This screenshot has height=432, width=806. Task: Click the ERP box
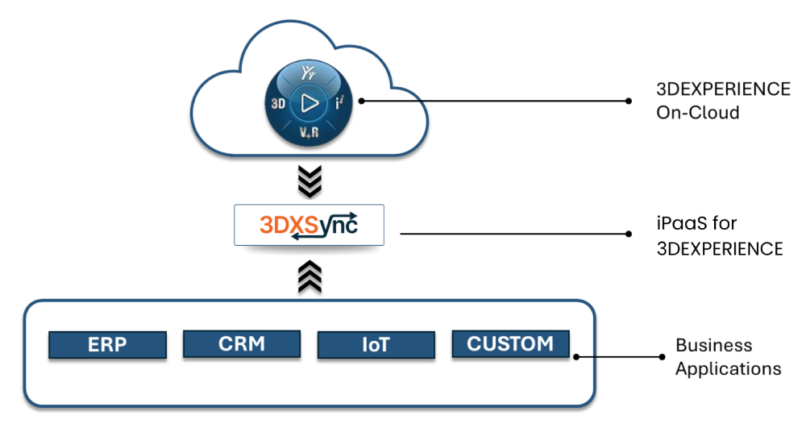107,344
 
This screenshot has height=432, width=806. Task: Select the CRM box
242,343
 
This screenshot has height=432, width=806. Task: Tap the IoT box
376,345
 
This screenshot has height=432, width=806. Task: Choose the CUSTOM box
510,343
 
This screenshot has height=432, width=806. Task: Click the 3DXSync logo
310,226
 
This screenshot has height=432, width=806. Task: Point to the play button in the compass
307,102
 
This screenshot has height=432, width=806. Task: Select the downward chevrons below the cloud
310,181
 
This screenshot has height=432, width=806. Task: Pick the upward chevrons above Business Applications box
310,276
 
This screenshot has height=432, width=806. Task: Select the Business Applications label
728,356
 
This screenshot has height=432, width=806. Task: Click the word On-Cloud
697,113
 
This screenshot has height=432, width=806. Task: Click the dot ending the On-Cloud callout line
629,101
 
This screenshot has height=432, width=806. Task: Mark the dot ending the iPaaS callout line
629,234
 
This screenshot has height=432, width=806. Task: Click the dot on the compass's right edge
361,101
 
